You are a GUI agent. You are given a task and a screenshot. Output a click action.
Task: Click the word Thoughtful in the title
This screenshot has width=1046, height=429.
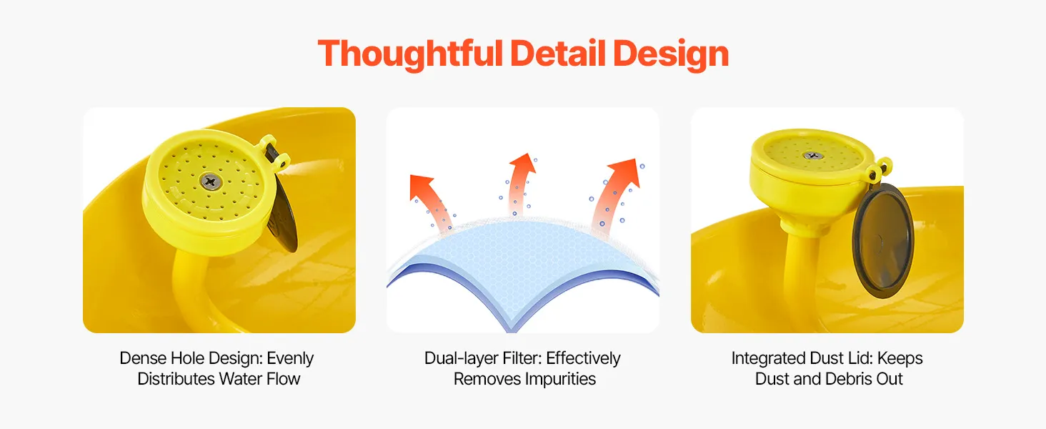point(410,54)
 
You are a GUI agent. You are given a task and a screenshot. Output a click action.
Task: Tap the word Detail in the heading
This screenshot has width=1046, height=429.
point(558,54)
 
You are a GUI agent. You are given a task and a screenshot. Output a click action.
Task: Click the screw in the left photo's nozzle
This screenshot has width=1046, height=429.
point(211,182)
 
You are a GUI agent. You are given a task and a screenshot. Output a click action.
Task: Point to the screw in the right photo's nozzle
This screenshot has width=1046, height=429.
point(813,155)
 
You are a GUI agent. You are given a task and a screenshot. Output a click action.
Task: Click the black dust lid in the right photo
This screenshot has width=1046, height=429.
point(883,240)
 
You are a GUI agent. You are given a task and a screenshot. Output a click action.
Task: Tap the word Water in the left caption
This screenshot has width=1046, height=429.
point(241,379)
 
